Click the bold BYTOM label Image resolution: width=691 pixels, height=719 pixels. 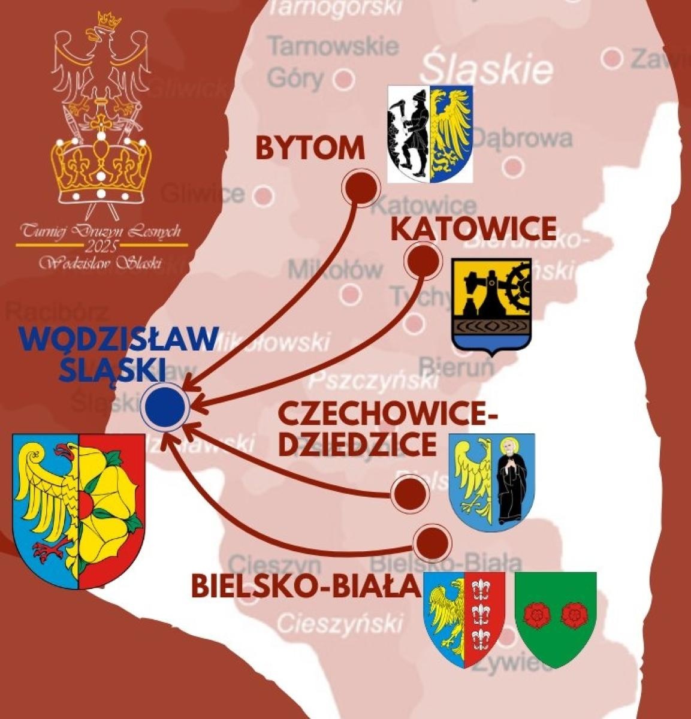coord(310,147)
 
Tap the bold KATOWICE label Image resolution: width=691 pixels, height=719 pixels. coord(473,229)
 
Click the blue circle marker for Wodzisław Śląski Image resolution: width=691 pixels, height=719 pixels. coord(165,406)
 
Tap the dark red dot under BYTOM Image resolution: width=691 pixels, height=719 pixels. coord(360,188)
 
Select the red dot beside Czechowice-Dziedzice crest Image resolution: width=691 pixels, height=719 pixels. coord(411,493)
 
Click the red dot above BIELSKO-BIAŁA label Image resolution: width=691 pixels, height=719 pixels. coord(432,542)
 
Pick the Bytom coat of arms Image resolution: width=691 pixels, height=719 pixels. coord(430,133)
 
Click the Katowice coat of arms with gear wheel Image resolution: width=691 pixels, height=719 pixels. coord(491,306)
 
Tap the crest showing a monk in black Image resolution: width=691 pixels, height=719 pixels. coord(492,479)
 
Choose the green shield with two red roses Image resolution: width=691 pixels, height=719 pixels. coord(556,617)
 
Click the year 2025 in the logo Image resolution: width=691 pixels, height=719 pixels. coord(101,246)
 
